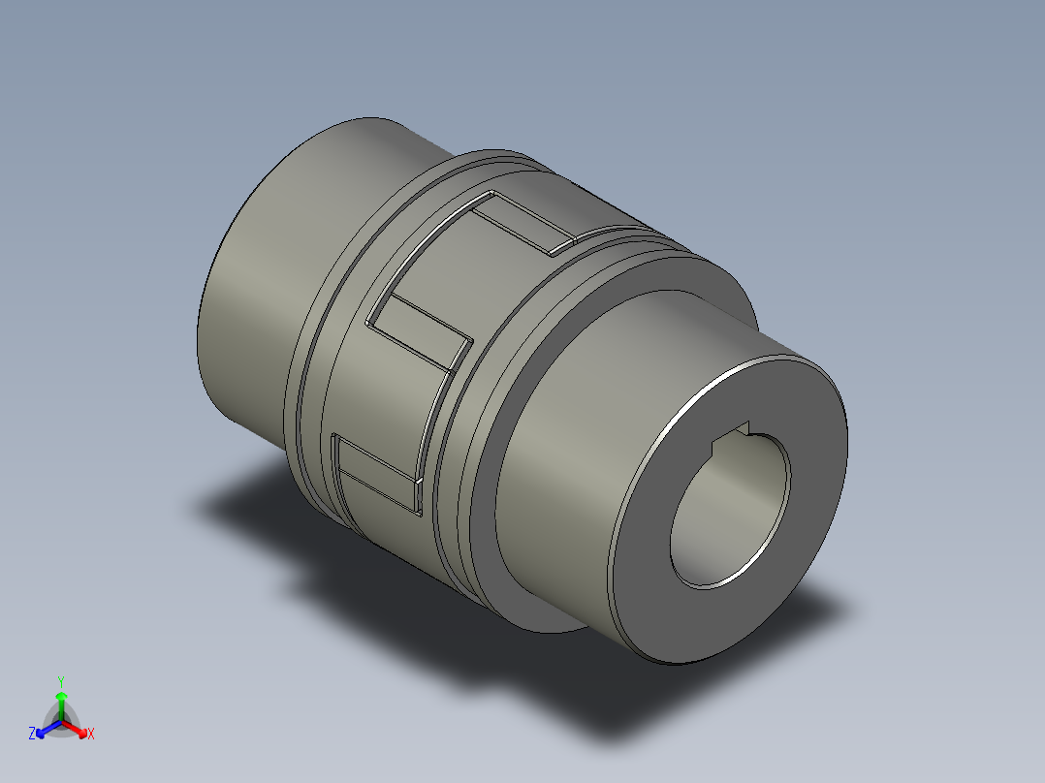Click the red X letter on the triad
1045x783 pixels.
point(91,735)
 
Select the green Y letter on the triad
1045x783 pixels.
point(60,680)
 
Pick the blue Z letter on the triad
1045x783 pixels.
point(32,735)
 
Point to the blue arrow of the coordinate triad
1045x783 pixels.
point(45,728)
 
